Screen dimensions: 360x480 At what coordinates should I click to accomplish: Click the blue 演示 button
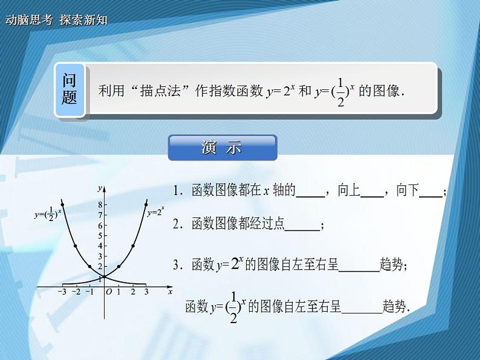tap(222, 148)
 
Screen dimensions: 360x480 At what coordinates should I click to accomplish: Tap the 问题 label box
tap(70, 89)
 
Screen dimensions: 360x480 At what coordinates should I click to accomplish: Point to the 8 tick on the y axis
tap(100, 204)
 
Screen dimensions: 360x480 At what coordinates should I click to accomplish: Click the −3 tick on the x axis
tap(62, 292)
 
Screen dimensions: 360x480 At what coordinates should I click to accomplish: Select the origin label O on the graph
tap(109, 292)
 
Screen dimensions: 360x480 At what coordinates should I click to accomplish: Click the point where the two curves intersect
tap(104, 277)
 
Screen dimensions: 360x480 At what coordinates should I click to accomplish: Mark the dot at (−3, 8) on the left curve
tap(62, 205)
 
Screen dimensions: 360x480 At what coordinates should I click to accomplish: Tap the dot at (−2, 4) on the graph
tap(76, 246)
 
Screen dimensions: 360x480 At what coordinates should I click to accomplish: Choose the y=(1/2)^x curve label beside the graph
tap(48, 213)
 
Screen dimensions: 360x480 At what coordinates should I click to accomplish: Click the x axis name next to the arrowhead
tap(171, 292)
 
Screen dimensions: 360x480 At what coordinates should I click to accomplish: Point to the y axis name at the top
tap(99, 189)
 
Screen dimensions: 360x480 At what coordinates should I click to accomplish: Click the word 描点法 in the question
tap(160, 91)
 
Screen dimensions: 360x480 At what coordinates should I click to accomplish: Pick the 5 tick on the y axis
tap(100, 235)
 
